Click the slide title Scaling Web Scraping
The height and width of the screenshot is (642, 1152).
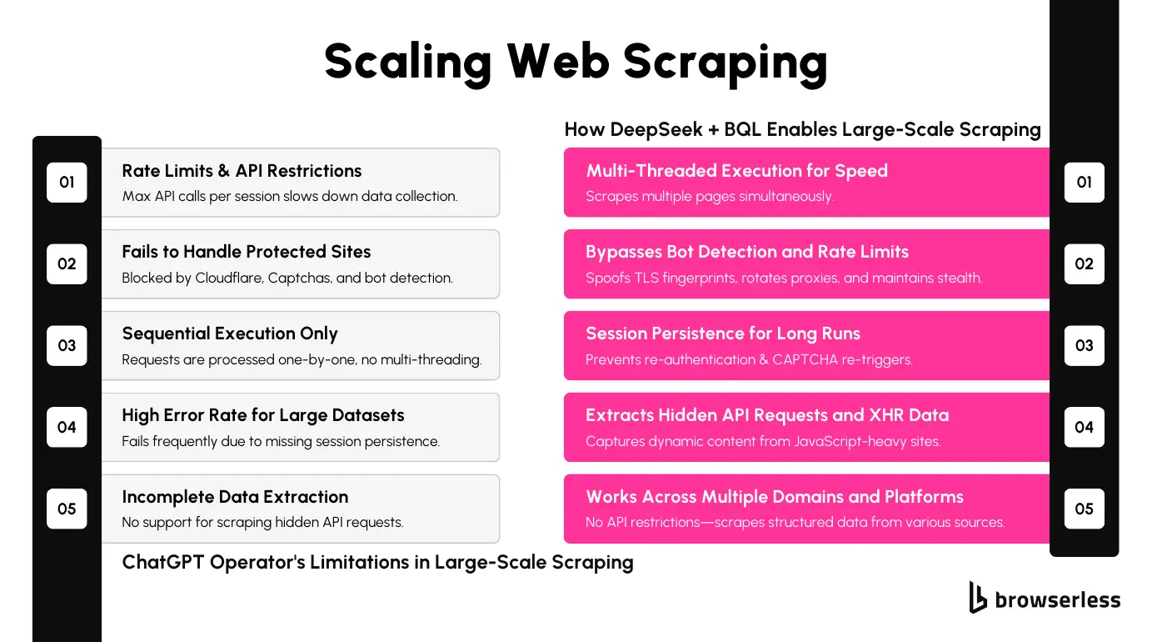(x=576, y=61)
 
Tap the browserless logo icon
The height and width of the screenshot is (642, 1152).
(x=978, y=597)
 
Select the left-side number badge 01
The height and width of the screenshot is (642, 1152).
(x=67, y=182)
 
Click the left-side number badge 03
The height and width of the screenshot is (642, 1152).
(x=67, y=345)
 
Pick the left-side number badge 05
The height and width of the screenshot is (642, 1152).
(x=67, y=509)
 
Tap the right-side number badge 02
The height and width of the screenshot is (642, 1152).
(x=1084, y=263)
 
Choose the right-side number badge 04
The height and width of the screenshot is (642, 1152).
(x=1084, y=427)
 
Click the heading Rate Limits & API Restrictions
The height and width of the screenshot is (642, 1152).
(x=242, y=171)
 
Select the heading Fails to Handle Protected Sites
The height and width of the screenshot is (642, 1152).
(x=247, y=252)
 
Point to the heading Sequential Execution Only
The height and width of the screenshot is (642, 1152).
(x=230, y=334)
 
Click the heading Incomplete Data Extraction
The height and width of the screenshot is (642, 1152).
(x=235, y=497)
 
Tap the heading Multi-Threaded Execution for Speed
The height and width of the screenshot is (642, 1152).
(x=736, y=171)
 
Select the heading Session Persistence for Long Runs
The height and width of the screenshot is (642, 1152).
(x=723, y=334)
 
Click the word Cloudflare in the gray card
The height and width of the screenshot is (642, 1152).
(x=228, y=278)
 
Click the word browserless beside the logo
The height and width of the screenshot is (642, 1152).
(x=1058, y=599)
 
